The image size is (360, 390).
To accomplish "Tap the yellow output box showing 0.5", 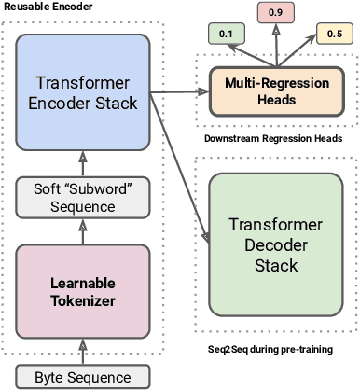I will (x=334, y=34).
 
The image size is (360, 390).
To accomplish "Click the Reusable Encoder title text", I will (x=41, y=6).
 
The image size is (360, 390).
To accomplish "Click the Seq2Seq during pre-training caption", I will (x=270, y=348).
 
